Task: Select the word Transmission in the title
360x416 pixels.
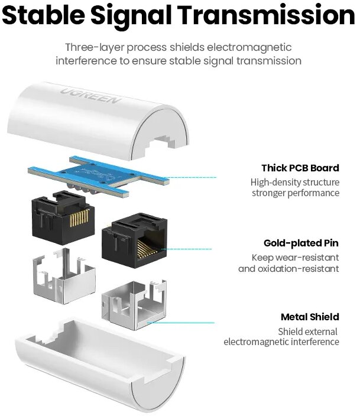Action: [267, 16]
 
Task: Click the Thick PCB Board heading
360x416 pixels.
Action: [300, 168]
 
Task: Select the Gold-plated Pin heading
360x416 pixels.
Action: [301, 243]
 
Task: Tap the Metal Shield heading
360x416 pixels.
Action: [310, 317]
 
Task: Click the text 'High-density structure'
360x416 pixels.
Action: [295, 183]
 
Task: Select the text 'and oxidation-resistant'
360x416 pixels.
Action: [288, 269]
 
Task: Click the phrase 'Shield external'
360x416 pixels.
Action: [308, 331]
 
